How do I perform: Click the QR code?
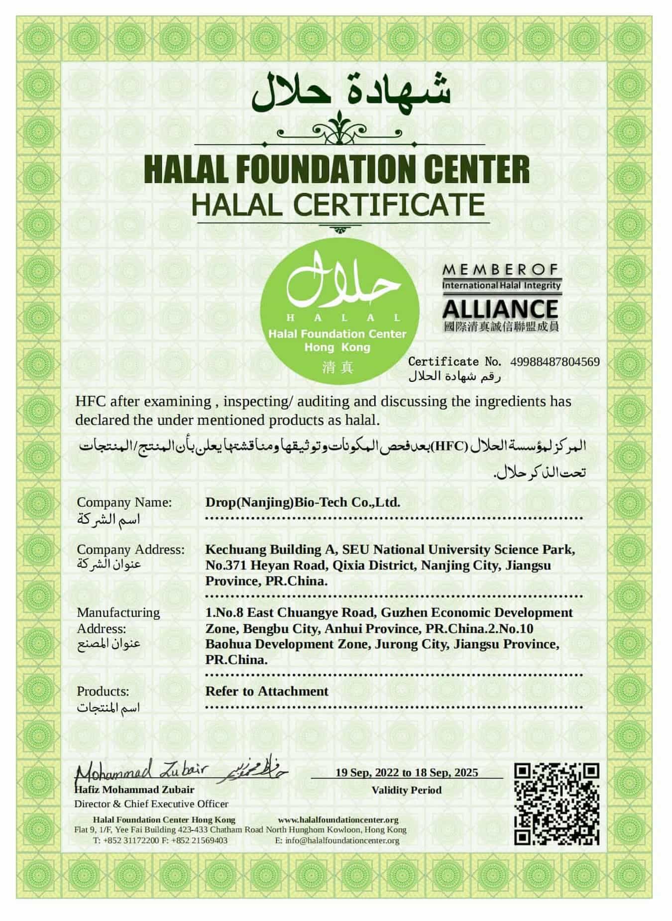pyautogui.click(x=557, y=804)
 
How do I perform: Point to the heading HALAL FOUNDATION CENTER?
pyautogui.click(x=336, y=170)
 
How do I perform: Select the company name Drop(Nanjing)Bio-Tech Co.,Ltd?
pyautogui.click(x=303, y=502)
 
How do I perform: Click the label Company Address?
pyautogui.click(x=130, y=550)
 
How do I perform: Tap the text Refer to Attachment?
pyautogui.click(x=267, y=691)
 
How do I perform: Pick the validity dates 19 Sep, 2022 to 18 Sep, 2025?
pyautogui.click(x=406, y=772)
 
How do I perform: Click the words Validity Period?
pyautogui.click(x=406, y=790)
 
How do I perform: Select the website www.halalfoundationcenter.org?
pyautogui.click(x=338, y=819)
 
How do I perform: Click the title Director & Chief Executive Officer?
pyautogui.click(x=151, y=804)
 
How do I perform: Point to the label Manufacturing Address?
pyautogui.click(x=118, y=620)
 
